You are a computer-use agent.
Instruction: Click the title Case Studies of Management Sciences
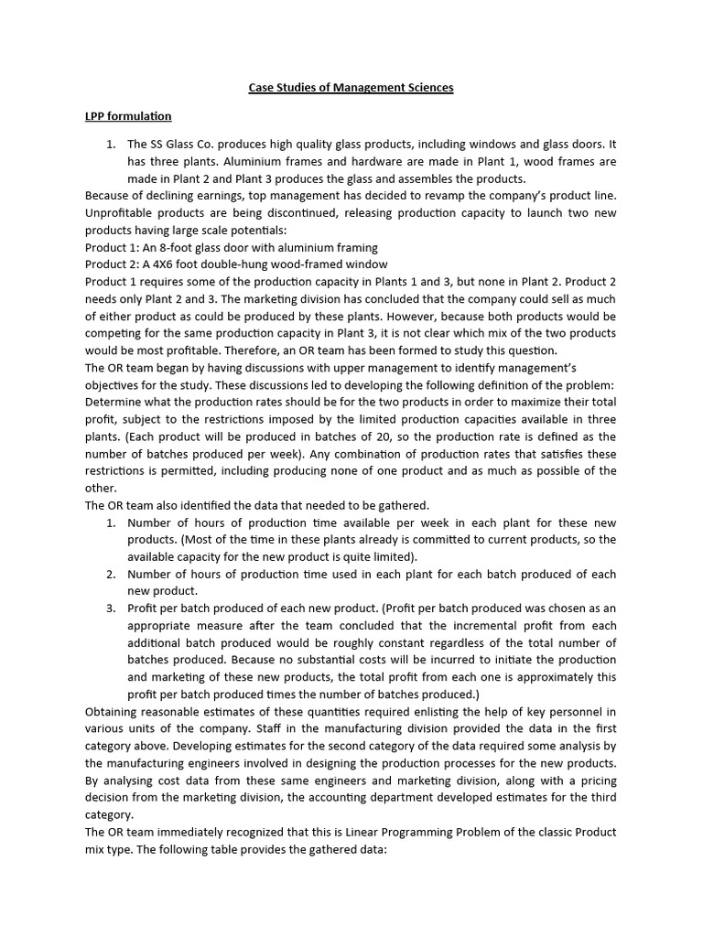pos(351,88)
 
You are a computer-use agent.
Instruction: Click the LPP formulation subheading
pos(127,116)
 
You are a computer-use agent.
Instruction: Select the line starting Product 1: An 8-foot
pos(231,247)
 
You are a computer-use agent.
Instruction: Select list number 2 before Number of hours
pos(110,574)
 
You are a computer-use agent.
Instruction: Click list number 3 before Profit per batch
pos(110,609)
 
